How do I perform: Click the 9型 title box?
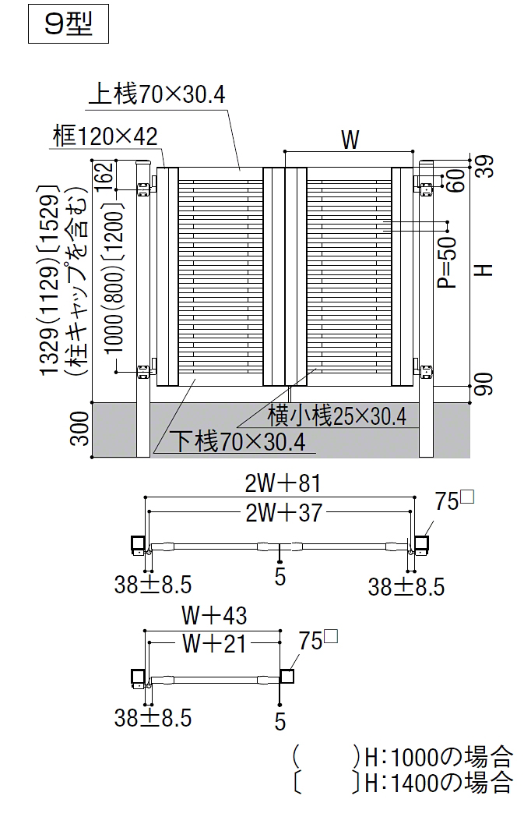coord(69,23)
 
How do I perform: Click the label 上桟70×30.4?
coord(156,95)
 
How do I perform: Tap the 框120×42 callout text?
coord(104,136)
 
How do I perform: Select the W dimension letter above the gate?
coord(350,140)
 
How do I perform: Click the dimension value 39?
coord(486,166)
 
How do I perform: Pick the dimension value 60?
coord(455,181)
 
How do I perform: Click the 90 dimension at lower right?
coord(484,384)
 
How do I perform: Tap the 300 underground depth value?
coord(80,428)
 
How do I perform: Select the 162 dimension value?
coord(104,173)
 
